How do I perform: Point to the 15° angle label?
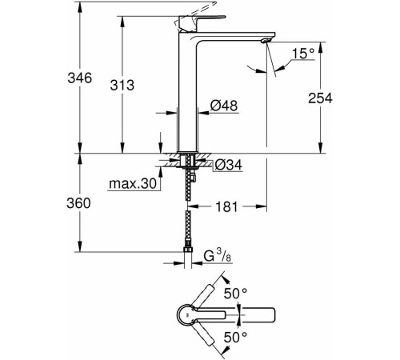coord(301,53)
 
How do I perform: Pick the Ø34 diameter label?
coord(227,166)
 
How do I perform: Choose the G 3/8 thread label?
coord(212,257)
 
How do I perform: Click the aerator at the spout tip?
coord(264,39)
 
